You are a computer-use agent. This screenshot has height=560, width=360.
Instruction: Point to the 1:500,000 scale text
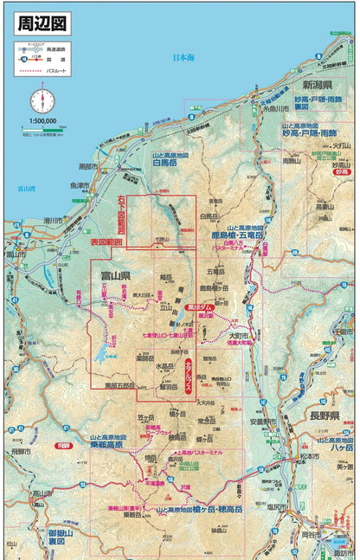pos(41,121)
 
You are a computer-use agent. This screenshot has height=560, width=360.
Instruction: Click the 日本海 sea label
pos(183,59)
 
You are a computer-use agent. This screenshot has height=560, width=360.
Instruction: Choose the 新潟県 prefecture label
pos(318,87)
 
